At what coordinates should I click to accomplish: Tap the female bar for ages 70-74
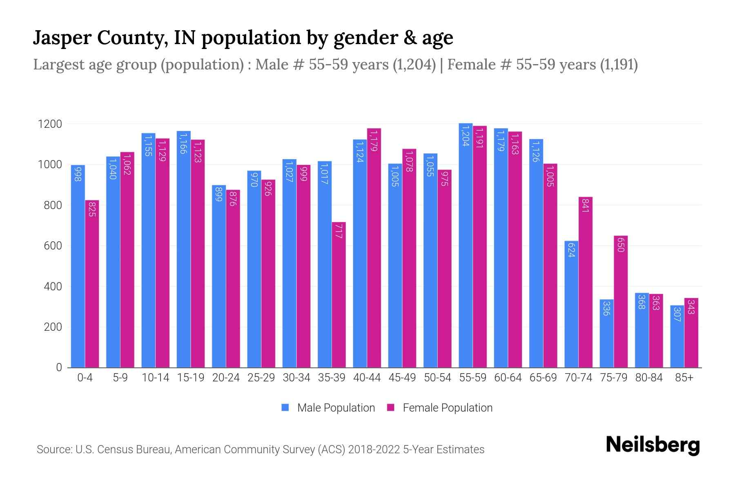pyautogui.click(x=586, y=282)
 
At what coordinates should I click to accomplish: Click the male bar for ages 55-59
pyautogui.click(x=465, y=245)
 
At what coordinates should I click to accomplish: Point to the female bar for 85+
pyautogui.click(x=691, y=333)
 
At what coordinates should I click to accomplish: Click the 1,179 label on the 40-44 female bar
pyautogui.click(x=373, y=140)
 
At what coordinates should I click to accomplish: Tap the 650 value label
pyautogui.click(x=621, y=245)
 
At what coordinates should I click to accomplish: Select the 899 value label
pyautogui.click(x=219, y=194)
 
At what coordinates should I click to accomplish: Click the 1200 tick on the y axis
pyautogui.click(x=50, y=124)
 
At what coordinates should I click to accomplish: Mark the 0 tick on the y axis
pyautogui.click(x=59, y=367)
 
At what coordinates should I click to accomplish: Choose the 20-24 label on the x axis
pyautogui.click(x=226, y=378)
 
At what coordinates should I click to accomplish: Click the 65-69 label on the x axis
pyautogui.click(x=543, y=378)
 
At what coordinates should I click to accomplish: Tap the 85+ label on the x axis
pyautogui.click(x=684, y=378)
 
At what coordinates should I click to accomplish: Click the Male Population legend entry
pyautogui.click(x=336, y=408)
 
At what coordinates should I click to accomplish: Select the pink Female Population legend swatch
pyautogui.click(x=391, y=408)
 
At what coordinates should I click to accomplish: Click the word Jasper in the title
pyautogui.click(x=62, y=38)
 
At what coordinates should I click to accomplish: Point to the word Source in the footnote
pyautogui.click(x=53, y=450)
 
